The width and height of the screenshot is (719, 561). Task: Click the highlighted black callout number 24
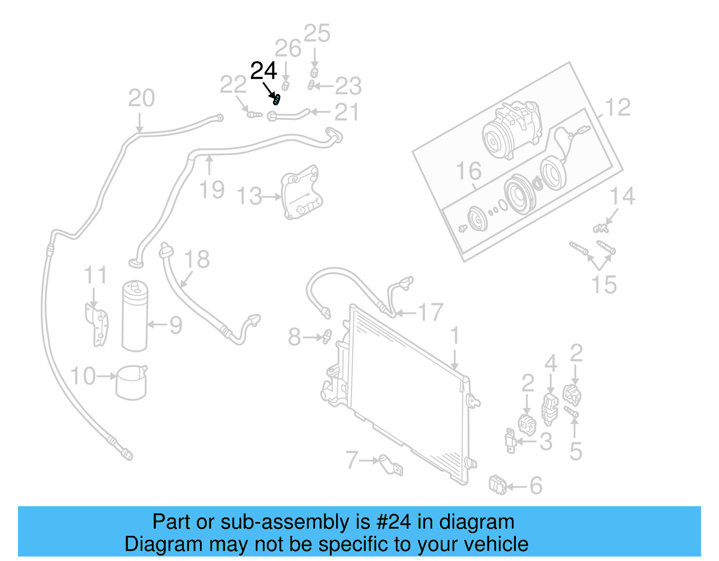click(263, 71)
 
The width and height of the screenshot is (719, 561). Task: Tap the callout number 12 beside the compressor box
click(618, 107)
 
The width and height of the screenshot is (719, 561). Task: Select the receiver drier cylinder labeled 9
click(134, 317)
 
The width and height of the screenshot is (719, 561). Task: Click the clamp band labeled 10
click(131, 383)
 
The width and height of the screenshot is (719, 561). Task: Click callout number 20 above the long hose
click(141, 98)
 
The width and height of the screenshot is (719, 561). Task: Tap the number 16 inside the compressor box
click(468, 171)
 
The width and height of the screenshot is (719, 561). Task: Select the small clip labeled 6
click(497, 485)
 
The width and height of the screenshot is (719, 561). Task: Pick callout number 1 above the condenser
click(455, 336)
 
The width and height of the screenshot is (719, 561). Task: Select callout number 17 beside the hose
click(430, 312)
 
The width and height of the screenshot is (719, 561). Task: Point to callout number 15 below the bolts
click(604, 284)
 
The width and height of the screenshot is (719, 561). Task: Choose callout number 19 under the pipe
click(212, 190)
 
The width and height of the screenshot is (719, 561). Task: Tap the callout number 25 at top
click(317, 34)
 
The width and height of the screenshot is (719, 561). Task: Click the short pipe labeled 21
click(290, 115)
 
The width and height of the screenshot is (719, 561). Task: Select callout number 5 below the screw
click(576, 451)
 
